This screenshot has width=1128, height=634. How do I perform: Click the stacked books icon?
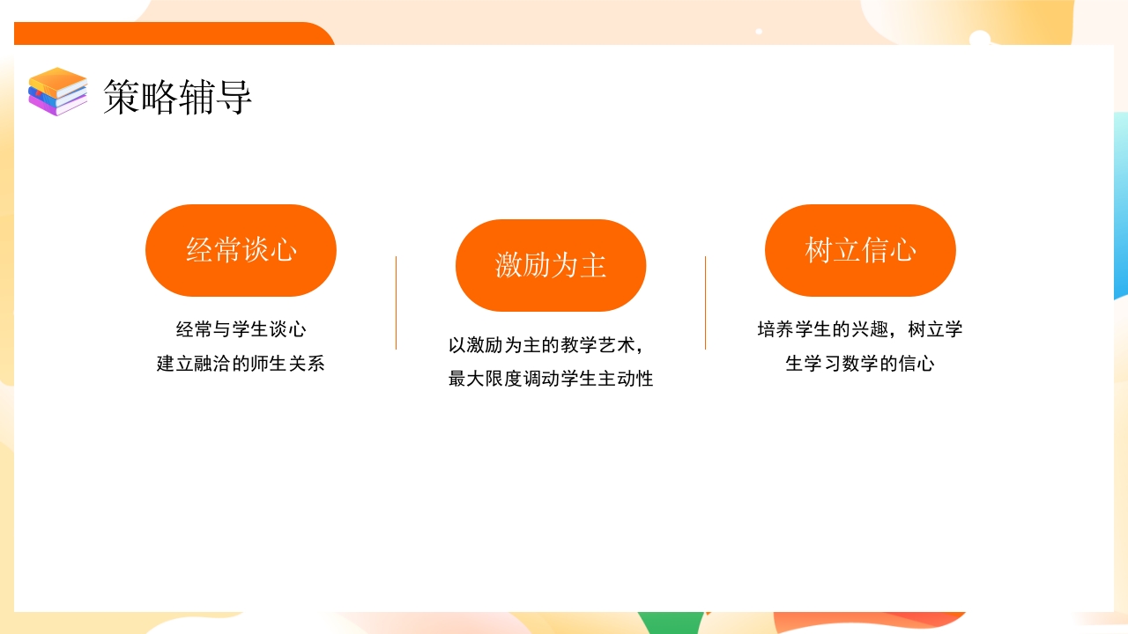click(58, 92)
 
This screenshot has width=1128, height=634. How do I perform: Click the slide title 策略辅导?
click(177, 96)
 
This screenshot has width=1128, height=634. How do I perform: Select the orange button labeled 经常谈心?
click(241, 250)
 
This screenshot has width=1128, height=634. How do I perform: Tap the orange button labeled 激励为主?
click(551, 265)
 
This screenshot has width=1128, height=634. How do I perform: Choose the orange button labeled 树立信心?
click(860, 250)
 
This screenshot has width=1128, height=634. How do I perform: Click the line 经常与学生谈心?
click(241, 330)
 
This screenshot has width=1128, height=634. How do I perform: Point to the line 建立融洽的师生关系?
click(241, 364)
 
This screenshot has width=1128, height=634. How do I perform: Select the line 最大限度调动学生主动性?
click(551, 380)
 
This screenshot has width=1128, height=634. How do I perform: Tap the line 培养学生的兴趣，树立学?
click(860, 330)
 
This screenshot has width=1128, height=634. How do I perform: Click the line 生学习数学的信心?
click(860, 364)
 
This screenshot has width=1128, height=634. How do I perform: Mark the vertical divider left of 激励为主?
click(396, 303)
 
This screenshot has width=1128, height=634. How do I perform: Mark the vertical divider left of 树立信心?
click(705, 303)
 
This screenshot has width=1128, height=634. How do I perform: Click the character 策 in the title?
click(121, 96)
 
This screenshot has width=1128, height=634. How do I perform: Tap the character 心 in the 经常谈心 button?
click(283, 250)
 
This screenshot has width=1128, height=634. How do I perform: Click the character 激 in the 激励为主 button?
click(508, 265)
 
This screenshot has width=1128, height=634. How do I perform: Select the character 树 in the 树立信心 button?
click(819, 250)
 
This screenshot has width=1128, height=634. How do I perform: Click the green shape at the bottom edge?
click(670, 623)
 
